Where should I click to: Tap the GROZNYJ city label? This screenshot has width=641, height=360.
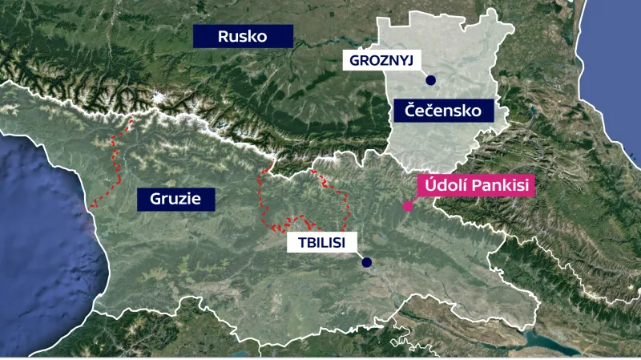coord(381,59)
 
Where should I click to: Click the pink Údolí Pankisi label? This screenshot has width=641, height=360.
coord(475,186)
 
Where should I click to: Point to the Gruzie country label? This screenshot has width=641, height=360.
coord(175,199)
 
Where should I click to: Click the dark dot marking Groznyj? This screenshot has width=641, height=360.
coord(430,80)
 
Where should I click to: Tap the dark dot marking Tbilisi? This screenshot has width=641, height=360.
coord(366,262)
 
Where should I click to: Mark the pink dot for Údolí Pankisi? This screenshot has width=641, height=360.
coord(408,207)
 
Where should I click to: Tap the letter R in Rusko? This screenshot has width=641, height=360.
coord(224,36)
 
